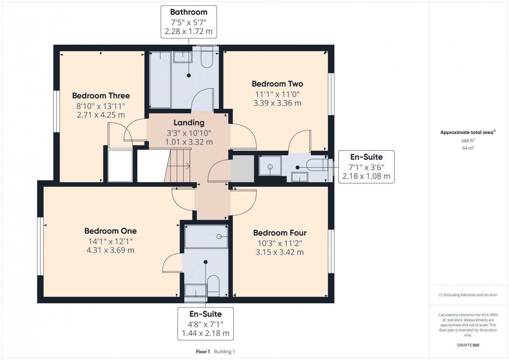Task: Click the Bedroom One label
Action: click(x=110, y=231)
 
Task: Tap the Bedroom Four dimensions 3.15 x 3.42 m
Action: click(x=280, y=252)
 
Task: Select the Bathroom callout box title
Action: click(x=189, y=12)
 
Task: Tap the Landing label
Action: click(x=189, y=122)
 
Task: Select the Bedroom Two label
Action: click(x=277, y=84)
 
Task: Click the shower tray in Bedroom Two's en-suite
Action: click(x=270, y=166)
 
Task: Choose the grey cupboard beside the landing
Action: click(x=242, y=169)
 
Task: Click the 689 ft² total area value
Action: click(x=468, y=141)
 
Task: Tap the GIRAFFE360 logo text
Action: click(x=468, y=345)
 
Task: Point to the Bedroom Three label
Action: click(x=101, y=96)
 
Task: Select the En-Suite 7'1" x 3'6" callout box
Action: click(x=366, y=167)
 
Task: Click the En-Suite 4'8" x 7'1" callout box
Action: click(x=206, y=323)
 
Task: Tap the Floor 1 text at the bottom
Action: click(x=203, y=352)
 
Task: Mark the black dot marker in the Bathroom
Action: click(x=189, y=75)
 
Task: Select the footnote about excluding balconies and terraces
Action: click(x=468, y=295)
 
